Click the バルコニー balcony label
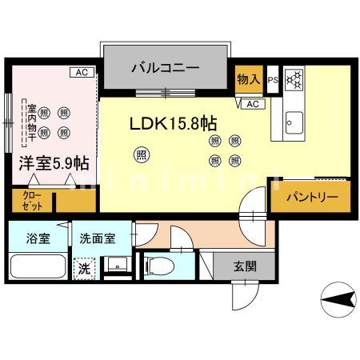pyautogui.click(x=166, y=68)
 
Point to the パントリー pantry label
pyautogui.click(x=307, y=196)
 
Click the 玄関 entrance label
pyautogui.click(x=246, y=266)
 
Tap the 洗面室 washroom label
pyautogui.click(x=96, y=238)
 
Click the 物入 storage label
pyautogui.click(x=249, y=79)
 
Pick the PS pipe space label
pyautogui.click(x=272, y=79)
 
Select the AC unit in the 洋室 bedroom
pyautogui.click(x=82, y=73)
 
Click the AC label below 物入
pyautogui.click(x=251, y=104)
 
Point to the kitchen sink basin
pyautogui.click(x=293, y=123)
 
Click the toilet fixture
pyautogui.click(x=155, y=265)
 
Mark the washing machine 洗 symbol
pyautogui.click(x=84, y=269)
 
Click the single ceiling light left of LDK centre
pyautogui.click(x=141, y=154)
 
